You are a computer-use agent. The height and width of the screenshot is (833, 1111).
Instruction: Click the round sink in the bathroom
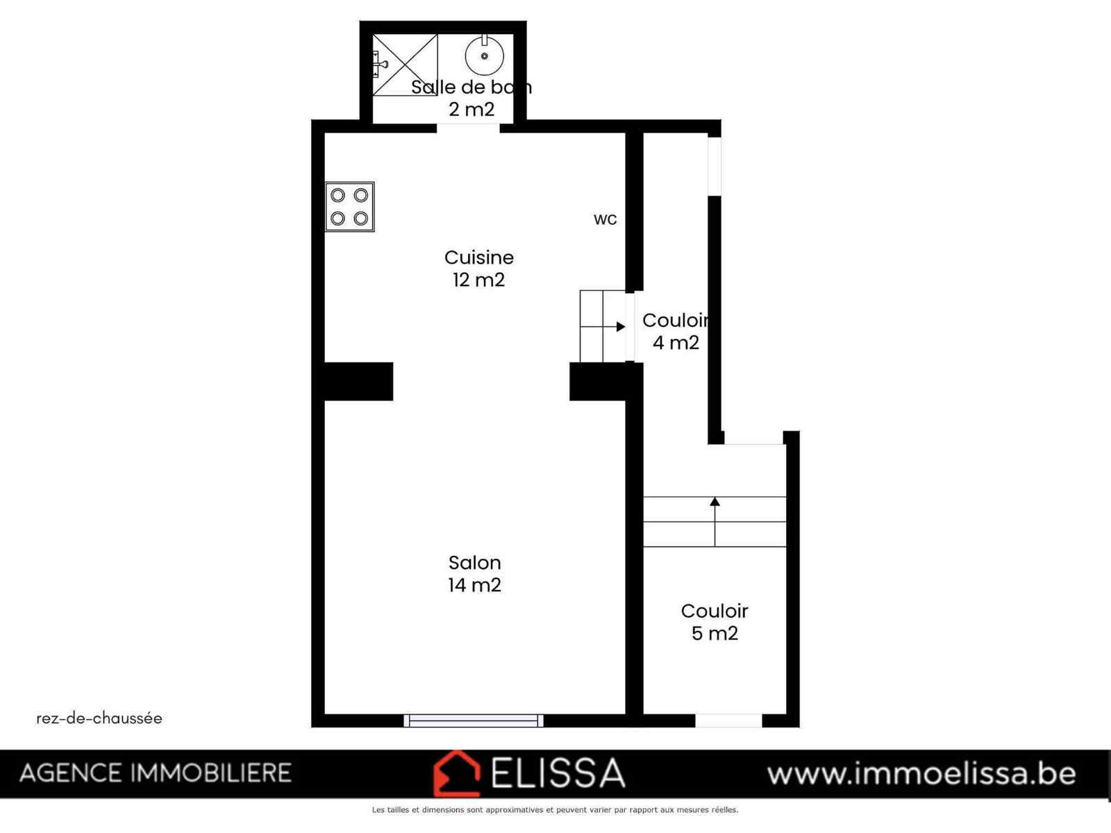[485, 56]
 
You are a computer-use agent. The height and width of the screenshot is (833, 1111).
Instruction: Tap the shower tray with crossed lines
[405, 65]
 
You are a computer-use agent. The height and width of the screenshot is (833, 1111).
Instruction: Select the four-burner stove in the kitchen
[350, 207]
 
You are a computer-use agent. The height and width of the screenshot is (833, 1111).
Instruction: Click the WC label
[605, 219]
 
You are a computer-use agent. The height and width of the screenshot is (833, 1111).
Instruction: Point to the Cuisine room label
[479, 258]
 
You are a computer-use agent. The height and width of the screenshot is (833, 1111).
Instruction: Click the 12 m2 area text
[479, 280]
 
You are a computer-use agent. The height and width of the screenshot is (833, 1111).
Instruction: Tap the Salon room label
[475, 562]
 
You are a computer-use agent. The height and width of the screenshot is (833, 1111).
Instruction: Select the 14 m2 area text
[475, 584]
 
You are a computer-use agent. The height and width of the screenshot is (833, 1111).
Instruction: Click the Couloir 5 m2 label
[715, 622]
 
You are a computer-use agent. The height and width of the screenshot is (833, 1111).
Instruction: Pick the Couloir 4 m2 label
[676, 331]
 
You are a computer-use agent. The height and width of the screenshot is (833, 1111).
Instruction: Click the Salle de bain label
[471, 87]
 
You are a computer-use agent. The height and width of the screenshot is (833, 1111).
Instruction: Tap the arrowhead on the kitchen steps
[621, 327]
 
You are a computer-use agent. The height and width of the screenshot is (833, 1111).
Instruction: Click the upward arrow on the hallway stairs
[715, 521]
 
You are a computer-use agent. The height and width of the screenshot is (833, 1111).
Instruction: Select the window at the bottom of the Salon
[474, 721]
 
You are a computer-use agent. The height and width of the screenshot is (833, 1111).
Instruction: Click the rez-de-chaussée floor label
[99, 718]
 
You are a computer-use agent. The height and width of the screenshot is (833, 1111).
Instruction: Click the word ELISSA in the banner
[558, 773]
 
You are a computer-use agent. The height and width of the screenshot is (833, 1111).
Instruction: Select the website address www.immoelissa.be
[921, 774]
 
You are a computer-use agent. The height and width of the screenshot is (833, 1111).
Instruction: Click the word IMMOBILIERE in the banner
[211, 773]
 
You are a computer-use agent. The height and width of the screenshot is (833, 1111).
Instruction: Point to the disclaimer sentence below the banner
[555, 809]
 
